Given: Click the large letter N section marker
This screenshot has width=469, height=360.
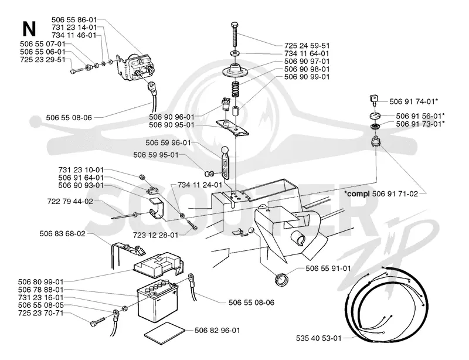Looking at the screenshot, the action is pos(29,29).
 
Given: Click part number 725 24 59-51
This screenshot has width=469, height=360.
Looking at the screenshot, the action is pos(307,46).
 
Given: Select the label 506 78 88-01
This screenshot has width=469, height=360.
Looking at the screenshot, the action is pos(40,290).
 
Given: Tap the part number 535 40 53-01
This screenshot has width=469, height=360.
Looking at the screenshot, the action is pos(318,338).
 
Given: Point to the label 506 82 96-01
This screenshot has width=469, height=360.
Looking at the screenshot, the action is pos(217,330).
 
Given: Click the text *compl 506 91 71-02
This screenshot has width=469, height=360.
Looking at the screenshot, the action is pos(380,193).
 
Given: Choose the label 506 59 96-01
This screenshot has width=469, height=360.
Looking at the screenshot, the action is pos(168,142).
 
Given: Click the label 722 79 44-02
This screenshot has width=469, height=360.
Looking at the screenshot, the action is pos(70,201).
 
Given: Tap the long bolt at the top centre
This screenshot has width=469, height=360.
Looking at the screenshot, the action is pos(235,35).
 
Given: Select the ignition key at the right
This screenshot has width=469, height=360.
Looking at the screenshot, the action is pos(374,100).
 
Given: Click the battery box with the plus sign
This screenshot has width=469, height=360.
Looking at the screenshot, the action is pos(157,300).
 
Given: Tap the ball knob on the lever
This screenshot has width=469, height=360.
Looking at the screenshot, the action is pos(225,150).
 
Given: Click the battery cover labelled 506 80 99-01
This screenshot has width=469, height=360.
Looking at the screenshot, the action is pos(158,265).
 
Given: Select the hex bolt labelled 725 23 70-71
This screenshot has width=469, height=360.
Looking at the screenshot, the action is pos(98,322).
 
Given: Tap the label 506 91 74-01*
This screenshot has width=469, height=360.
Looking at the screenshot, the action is pos(414,102).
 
